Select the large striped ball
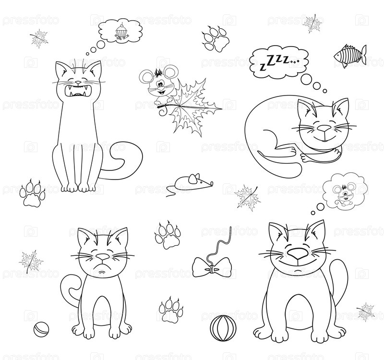tap(223, 328)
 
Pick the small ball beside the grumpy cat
tap(41, 329)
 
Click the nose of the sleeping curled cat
tap(324, 128)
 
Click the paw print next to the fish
tap(216, 39)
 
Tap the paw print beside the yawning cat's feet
tap(32, 193)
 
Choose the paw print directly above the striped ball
tap(171, 309)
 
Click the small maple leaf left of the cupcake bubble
tap(39, 38)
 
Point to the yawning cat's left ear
tap(62, 69)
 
